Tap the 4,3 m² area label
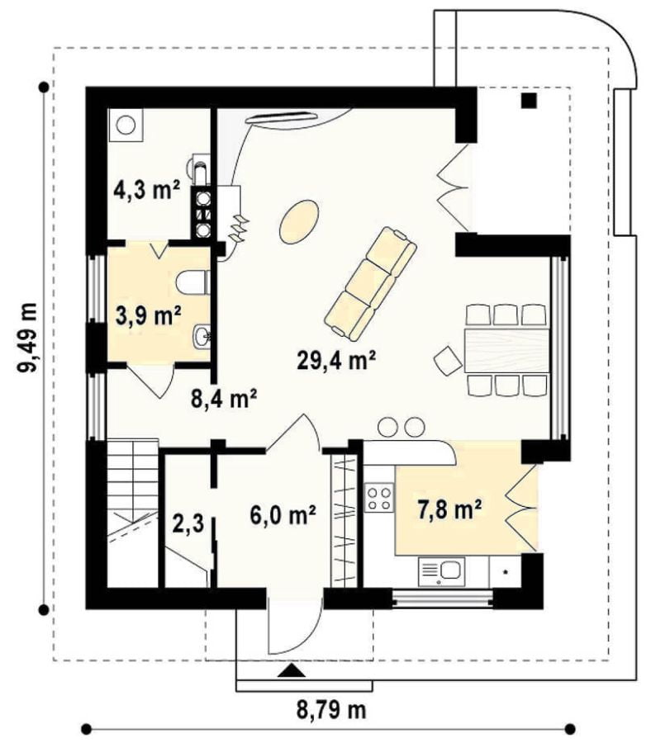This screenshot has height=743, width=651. (146, 191)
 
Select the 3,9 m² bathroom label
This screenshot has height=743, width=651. (149, 315)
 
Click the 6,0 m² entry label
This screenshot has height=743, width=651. (283, 514)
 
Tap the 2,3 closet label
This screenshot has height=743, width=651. (188, 524)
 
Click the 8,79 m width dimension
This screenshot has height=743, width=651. (331, 710)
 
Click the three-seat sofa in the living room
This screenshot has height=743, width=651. (370, 283)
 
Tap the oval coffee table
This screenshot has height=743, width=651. (298, 221)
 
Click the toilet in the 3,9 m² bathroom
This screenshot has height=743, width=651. (192, 282)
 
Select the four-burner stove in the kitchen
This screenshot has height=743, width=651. (380, 498)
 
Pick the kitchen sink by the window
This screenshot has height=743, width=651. (441, 571)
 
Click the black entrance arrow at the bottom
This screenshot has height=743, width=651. (291, 670)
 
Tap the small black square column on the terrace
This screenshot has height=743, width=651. (530, 100)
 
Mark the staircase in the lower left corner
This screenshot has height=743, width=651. (132, 513)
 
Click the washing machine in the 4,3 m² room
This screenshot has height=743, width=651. (126, 125)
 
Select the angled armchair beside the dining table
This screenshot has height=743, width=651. (448, 360)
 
